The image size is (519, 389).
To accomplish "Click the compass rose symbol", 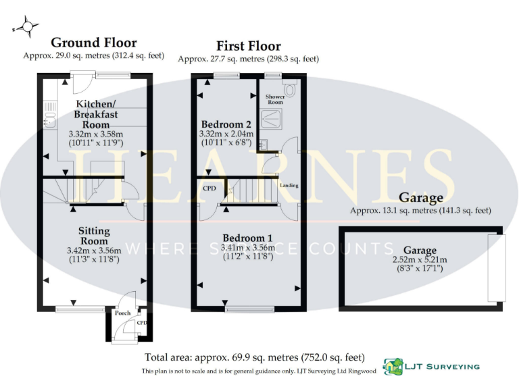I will point(26,27).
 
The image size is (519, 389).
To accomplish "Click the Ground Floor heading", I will point(93,43).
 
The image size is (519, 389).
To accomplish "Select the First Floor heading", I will point(248,46).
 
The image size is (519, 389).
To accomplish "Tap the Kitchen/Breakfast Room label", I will point(95,114).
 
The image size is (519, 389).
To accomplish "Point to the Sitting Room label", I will point(94,236).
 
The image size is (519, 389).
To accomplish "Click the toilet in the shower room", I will point(291,88).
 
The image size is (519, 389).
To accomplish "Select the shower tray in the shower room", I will point(276,119).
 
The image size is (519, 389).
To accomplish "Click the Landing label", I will point(289,185).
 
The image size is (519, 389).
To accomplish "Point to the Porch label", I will point(122,313).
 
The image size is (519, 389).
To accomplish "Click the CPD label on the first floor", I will point(209,188).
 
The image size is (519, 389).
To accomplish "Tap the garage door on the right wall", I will point(495,267).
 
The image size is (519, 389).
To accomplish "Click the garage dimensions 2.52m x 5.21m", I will point(420,258).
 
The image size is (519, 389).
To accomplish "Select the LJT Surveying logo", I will point(432,367).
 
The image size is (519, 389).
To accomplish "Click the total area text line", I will point(255,357).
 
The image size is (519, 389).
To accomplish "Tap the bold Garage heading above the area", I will point(420,198).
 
